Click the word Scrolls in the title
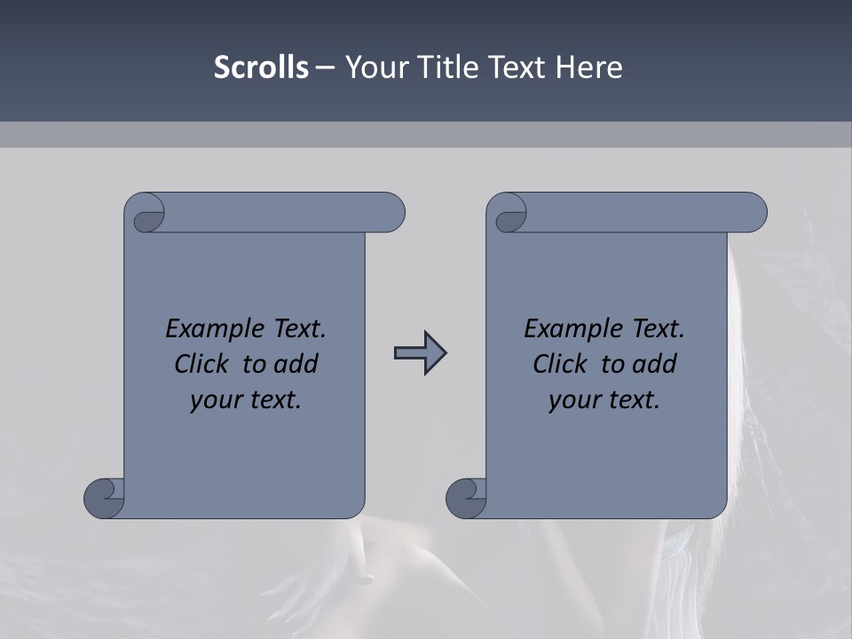point(261,67)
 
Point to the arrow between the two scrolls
point(420,353)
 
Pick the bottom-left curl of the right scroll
point(467,497)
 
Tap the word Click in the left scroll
point(203,364)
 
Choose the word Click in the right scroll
point(560,364)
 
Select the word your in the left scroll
point(215,400)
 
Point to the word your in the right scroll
point(573,400)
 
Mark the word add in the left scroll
point(297,364)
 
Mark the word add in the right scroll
point(656,364)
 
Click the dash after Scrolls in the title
point(326,68)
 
